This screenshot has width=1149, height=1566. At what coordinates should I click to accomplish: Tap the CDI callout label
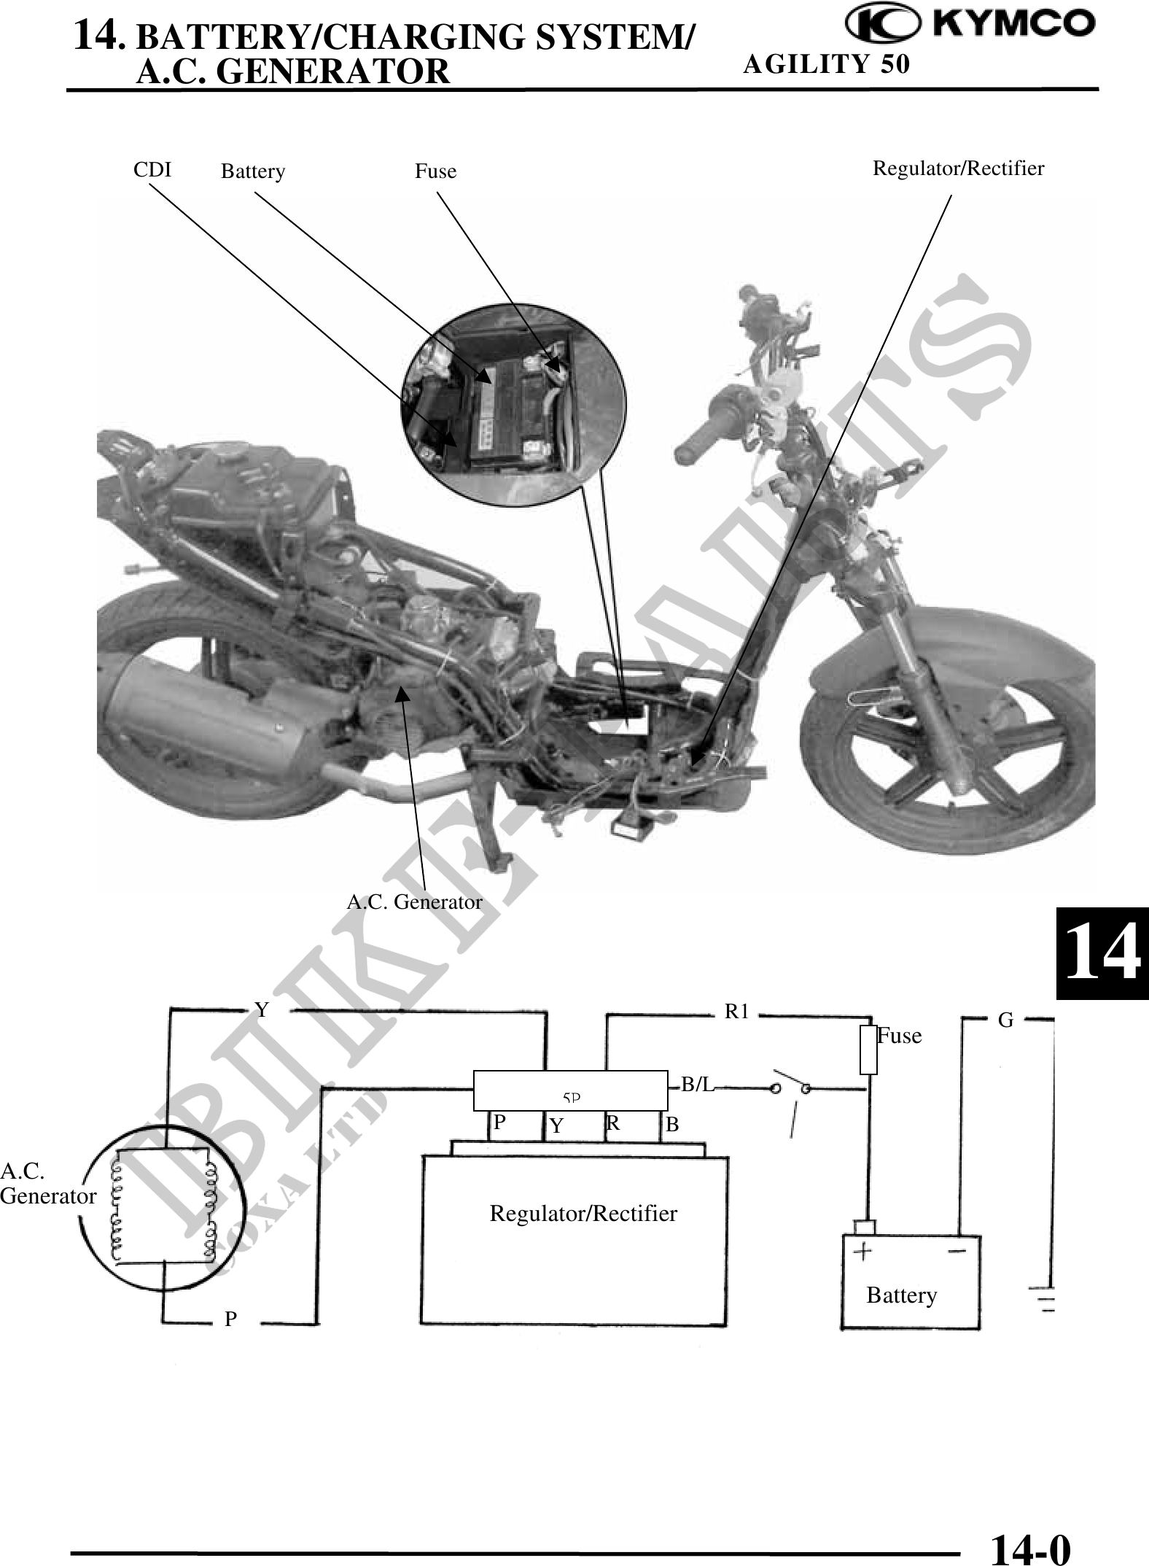tap(152, 170)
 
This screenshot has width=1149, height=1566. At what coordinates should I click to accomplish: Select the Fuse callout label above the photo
tap(436, 171)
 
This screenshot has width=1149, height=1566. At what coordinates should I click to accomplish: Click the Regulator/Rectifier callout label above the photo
tap(959, 168)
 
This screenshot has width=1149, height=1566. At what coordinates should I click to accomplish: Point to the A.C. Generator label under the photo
tap(414, 902)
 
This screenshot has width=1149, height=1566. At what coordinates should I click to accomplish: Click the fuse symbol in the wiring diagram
tap(868, 1050)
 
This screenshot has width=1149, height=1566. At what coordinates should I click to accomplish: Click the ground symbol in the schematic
tap(1048, 1303)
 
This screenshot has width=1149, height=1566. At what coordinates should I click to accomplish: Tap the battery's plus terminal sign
tap(863, 1252)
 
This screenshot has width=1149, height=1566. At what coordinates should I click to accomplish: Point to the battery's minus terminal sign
tap(958, 1250)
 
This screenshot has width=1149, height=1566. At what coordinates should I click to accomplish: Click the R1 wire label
tap(736, 1012)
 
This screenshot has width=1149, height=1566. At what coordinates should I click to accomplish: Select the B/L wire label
tap(697, 1085)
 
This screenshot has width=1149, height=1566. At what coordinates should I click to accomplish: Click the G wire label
tap(1006, 1021)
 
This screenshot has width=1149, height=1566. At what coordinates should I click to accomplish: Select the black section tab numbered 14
tap(1102, 953)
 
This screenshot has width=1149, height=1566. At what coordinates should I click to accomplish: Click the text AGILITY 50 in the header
tap(827, 64)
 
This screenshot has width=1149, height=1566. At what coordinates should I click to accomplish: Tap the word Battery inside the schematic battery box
tap(902, 1295)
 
